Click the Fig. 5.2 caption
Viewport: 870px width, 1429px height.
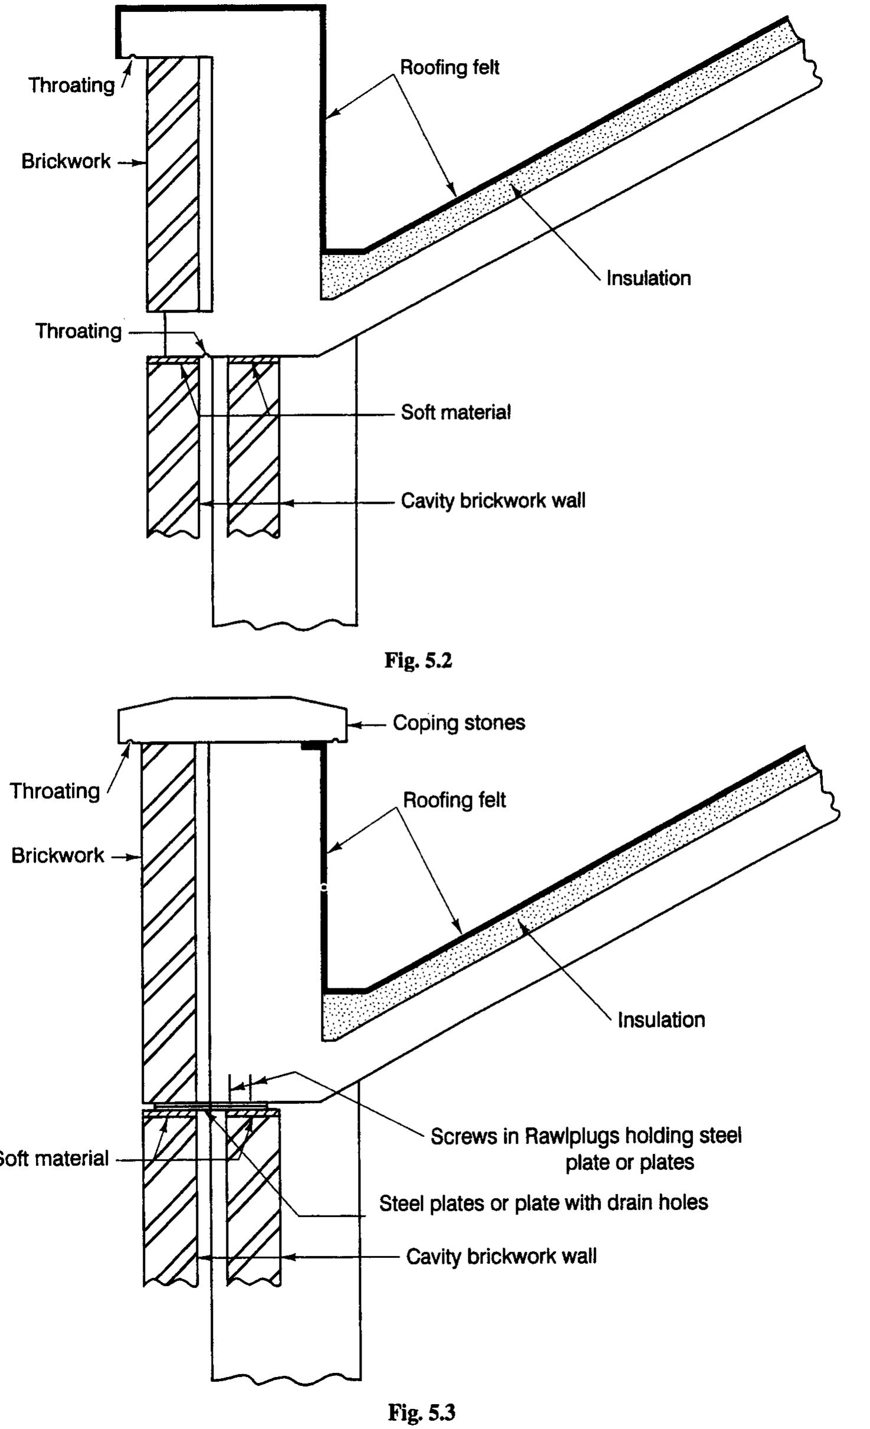[x=418, y=660]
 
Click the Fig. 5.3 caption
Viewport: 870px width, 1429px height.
[x=421, y=1412]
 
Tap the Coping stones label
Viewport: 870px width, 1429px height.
[x=458, y=723]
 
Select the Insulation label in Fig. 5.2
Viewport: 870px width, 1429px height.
[x=648, y=278]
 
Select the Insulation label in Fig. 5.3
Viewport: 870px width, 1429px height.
[x=661, y=1020]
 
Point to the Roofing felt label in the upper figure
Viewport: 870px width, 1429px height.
[x=449, y=67]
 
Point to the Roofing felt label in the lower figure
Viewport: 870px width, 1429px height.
[x=454, y=800]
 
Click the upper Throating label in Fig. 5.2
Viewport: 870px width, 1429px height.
[x=71, y=85]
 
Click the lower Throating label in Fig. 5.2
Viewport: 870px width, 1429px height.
[x=78, y=331]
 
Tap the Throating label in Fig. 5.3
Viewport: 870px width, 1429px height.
[x=54, y=791]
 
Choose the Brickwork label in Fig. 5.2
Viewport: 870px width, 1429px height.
[x=65, y=161]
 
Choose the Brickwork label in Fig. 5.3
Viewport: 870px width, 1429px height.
[x=57, y=856]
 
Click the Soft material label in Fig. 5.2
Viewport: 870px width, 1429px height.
[x=455, y=412]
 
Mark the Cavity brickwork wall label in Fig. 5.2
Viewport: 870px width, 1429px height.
[x=493, y=501]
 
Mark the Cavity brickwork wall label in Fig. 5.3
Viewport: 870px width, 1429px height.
[x=501, y=1257]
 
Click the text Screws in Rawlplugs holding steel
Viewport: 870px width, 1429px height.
[x=585, y=1136]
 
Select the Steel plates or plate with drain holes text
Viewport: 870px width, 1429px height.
[x=543, y=1202]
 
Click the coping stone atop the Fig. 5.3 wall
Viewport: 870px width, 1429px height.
[x=232, y=720]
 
